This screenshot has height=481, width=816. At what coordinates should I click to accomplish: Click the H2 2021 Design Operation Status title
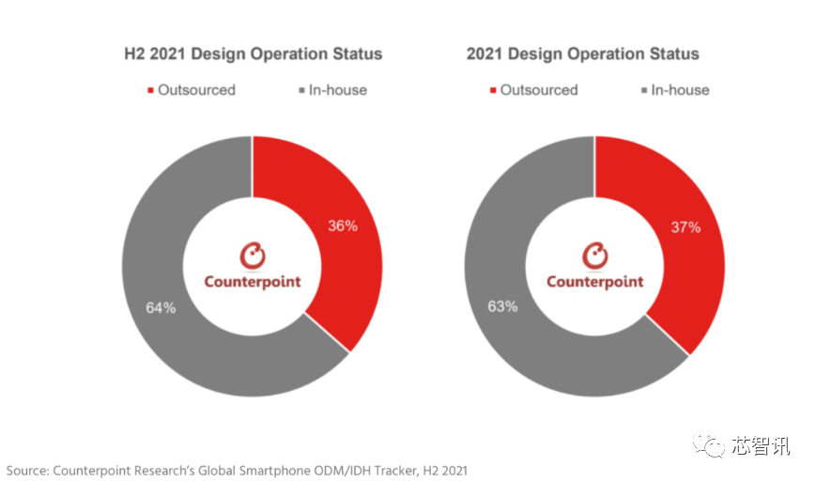coord(254,54)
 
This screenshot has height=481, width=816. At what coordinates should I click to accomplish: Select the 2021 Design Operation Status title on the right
coord(582,54)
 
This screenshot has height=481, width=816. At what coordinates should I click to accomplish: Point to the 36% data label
coord(342,226)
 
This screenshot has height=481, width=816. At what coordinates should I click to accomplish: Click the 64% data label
coord(161,307)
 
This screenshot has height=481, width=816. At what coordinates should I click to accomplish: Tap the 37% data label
coord(685,227)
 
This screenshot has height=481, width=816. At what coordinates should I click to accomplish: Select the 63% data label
coord(503,307)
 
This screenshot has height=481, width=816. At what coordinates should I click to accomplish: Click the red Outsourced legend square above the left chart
coord(150,91)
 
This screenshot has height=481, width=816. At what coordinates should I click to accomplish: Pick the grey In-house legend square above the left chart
coord(301,91)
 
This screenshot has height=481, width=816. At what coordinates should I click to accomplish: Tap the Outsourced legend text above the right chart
coord(538,90)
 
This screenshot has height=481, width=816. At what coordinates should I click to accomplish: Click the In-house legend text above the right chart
coord(680,90)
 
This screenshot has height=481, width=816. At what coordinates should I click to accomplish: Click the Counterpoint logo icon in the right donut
coord(595,255)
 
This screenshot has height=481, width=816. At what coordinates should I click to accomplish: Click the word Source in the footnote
coord(27,469)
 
